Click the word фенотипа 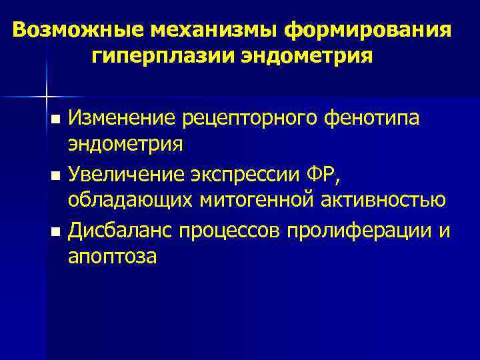click(377, 119)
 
